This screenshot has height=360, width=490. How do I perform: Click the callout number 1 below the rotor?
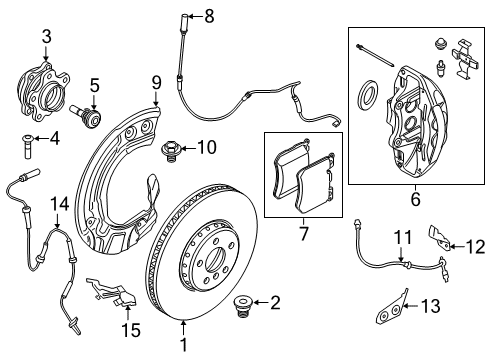[184, 350]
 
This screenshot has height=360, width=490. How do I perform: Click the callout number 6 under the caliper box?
[412, 199]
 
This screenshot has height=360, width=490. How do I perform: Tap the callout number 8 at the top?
[209, 15]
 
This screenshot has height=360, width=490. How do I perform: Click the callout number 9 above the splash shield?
[156, 81]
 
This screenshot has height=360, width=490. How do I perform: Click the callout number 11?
[400, 237]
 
